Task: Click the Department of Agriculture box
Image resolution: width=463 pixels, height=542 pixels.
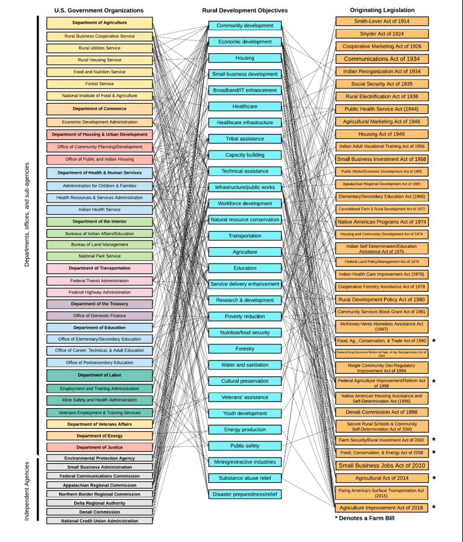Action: [99, 23]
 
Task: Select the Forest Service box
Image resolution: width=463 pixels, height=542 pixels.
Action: [99, 84]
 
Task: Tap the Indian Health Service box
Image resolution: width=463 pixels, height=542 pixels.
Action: [99, 210]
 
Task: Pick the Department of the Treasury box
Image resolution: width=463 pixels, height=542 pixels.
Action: [99, 304]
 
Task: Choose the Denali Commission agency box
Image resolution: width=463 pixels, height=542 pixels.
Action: [99, 512]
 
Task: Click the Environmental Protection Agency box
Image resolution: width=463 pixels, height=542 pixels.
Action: [99, 458]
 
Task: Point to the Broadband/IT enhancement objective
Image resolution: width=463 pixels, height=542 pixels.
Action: [245, 90]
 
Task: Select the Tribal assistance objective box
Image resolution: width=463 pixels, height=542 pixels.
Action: [245, 139]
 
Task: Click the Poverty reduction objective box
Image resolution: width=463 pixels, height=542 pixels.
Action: [245, 317]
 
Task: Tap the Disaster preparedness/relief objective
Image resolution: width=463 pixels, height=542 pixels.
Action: [245, 494]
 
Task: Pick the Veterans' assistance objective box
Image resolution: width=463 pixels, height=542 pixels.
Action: [245, 397]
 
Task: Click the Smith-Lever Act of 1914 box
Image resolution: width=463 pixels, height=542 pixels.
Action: [382, 22]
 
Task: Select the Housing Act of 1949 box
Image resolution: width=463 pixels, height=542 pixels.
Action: [382, 134]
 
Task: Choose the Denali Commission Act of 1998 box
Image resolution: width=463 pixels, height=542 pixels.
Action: [382, 412]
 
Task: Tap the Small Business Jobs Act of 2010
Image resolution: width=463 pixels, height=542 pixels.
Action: [382, 465]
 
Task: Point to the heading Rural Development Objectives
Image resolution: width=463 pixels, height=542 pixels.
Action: [245, 10]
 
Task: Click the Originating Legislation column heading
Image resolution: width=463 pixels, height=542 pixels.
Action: [382, 10]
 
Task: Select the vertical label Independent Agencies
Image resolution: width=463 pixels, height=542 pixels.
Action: [27, 491]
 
